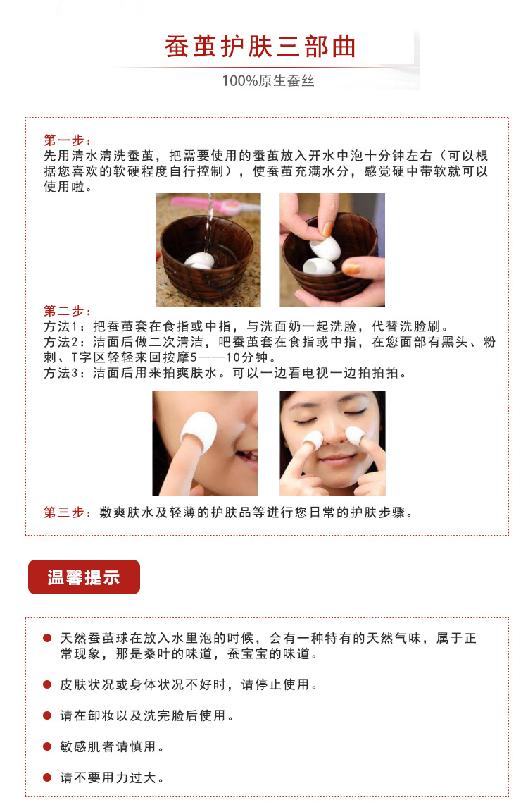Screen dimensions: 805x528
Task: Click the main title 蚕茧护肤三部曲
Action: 260,47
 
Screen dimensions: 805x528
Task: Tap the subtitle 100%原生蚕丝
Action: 268,81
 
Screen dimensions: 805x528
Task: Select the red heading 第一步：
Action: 67,140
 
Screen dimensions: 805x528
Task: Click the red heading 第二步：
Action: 67,311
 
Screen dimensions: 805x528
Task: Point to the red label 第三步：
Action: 67,512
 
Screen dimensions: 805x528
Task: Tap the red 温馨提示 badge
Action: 84,577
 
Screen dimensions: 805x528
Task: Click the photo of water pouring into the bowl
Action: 208,250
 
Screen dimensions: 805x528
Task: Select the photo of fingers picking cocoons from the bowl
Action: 332,250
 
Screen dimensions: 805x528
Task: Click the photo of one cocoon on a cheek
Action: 205,443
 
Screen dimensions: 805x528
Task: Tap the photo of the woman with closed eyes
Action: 332,443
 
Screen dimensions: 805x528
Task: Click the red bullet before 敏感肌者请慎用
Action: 47,746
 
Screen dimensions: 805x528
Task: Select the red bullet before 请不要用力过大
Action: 47,778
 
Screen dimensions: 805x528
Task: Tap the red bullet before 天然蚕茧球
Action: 47,638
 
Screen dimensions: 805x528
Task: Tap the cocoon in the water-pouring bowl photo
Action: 199,260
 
